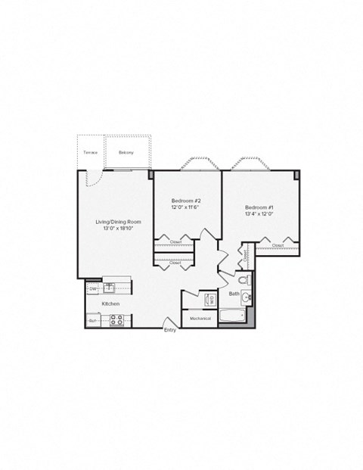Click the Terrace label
point(91,152)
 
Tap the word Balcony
point(126,152)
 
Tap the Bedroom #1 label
point(259,207)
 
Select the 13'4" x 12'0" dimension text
point(259,213)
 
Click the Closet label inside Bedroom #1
point(278,245)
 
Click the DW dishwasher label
point(93,288)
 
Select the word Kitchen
point(111,303)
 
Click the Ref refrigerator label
point(92,321)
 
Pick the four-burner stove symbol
point(116,320)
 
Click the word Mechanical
point(200,319)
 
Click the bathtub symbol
point(234,316)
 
